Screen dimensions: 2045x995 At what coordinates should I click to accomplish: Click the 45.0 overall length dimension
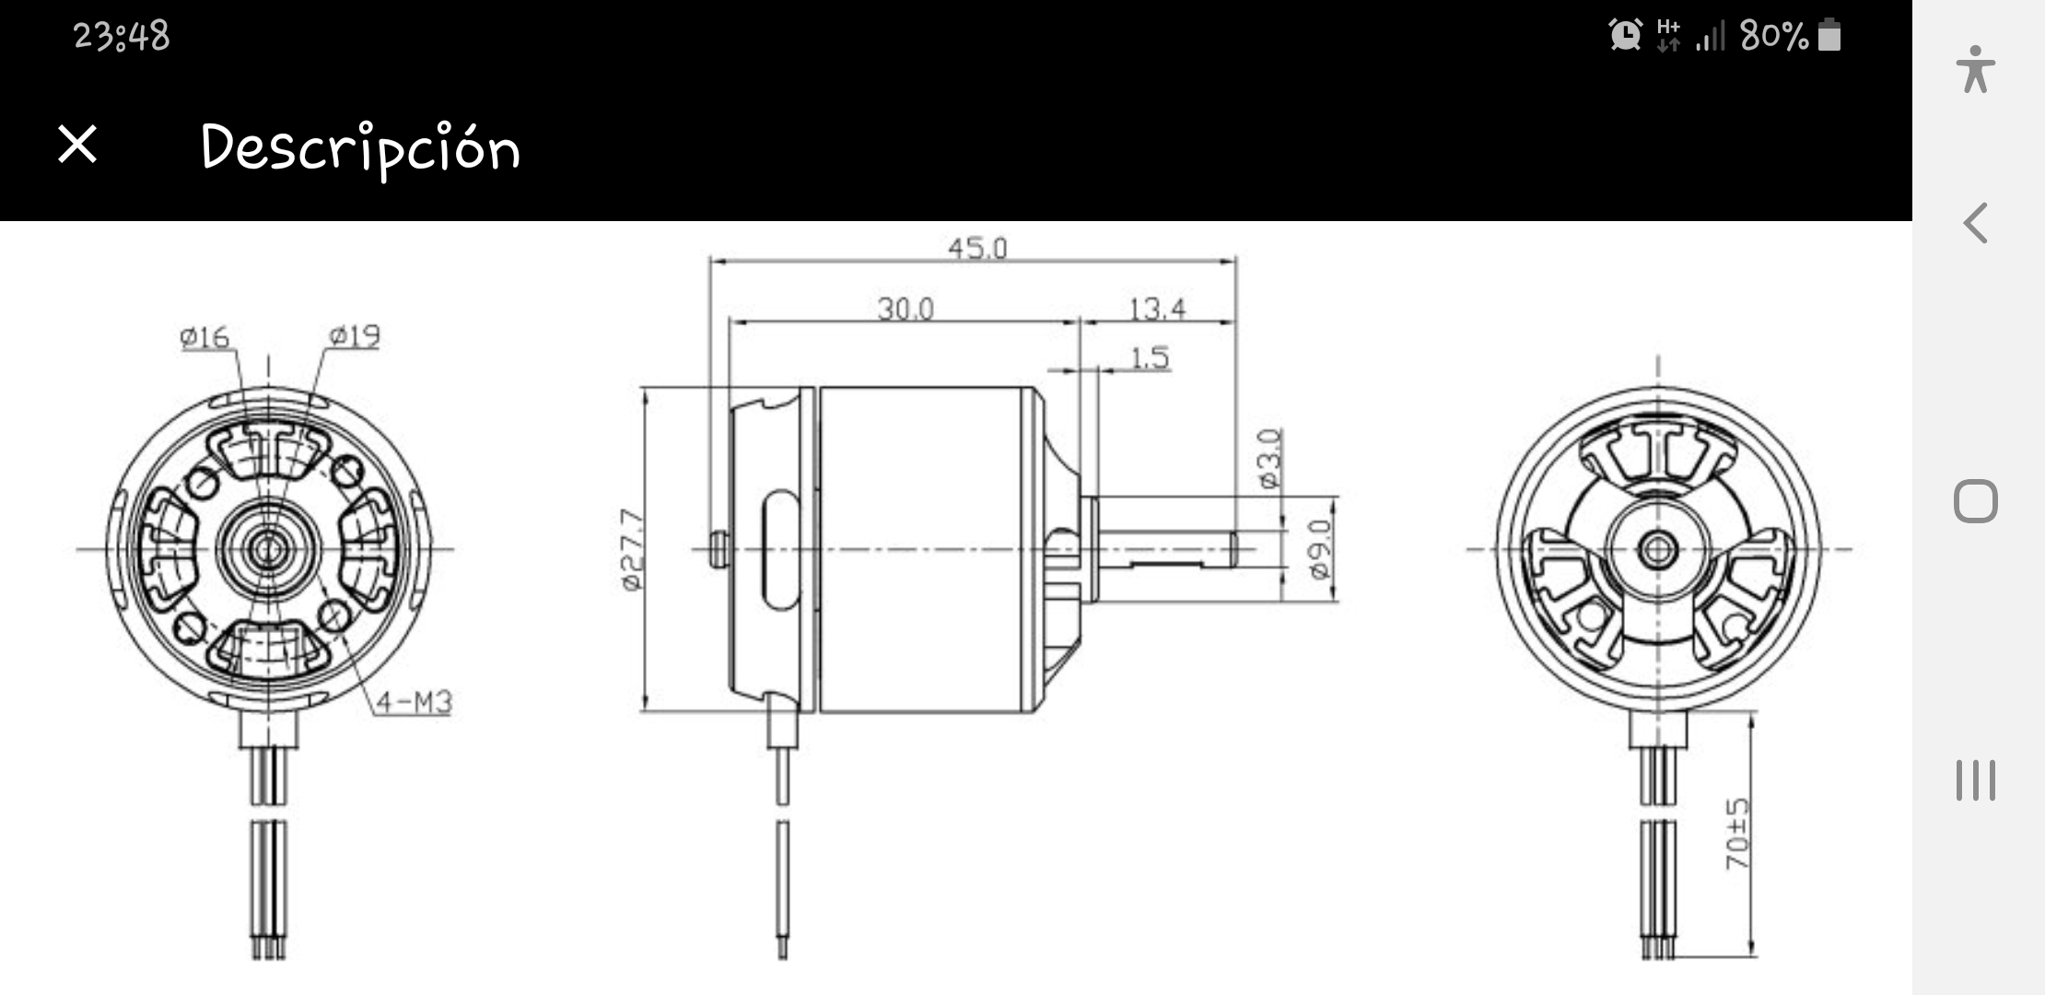point(977,248)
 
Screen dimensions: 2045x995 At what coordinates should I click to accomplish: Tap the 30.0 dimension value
point(905,309)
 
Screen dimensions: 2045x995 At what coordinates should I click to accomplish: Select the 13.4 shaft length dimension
point(1157,309)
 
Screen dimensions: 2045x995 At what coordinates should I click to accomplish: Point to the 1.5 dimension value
point(1150,357)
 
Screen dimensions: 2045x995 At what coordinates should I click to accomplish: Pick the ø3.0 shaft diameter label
point(1269,458)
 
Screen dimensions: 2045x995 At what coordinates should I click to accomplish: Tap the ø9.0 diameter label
point(1319,549)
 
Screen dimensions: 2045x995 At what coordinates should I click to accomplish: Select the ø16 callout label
point(204,337)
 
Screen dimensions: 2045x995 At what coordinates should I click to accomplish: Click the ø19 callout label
point(355,335)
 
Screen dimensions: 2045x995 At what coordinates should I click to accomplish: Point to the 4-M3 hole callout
point(415,702)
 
